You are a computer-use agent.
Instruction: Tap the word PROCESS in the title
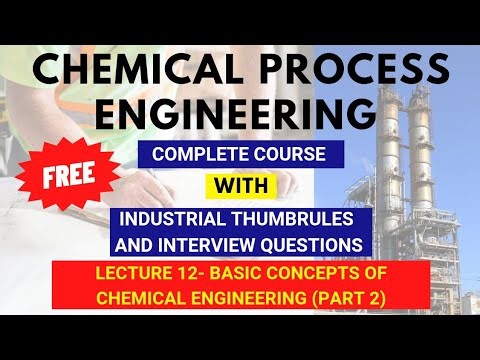pos(341,71)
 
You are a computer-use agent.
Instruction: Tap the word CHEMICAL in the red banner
pos(140,297)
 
